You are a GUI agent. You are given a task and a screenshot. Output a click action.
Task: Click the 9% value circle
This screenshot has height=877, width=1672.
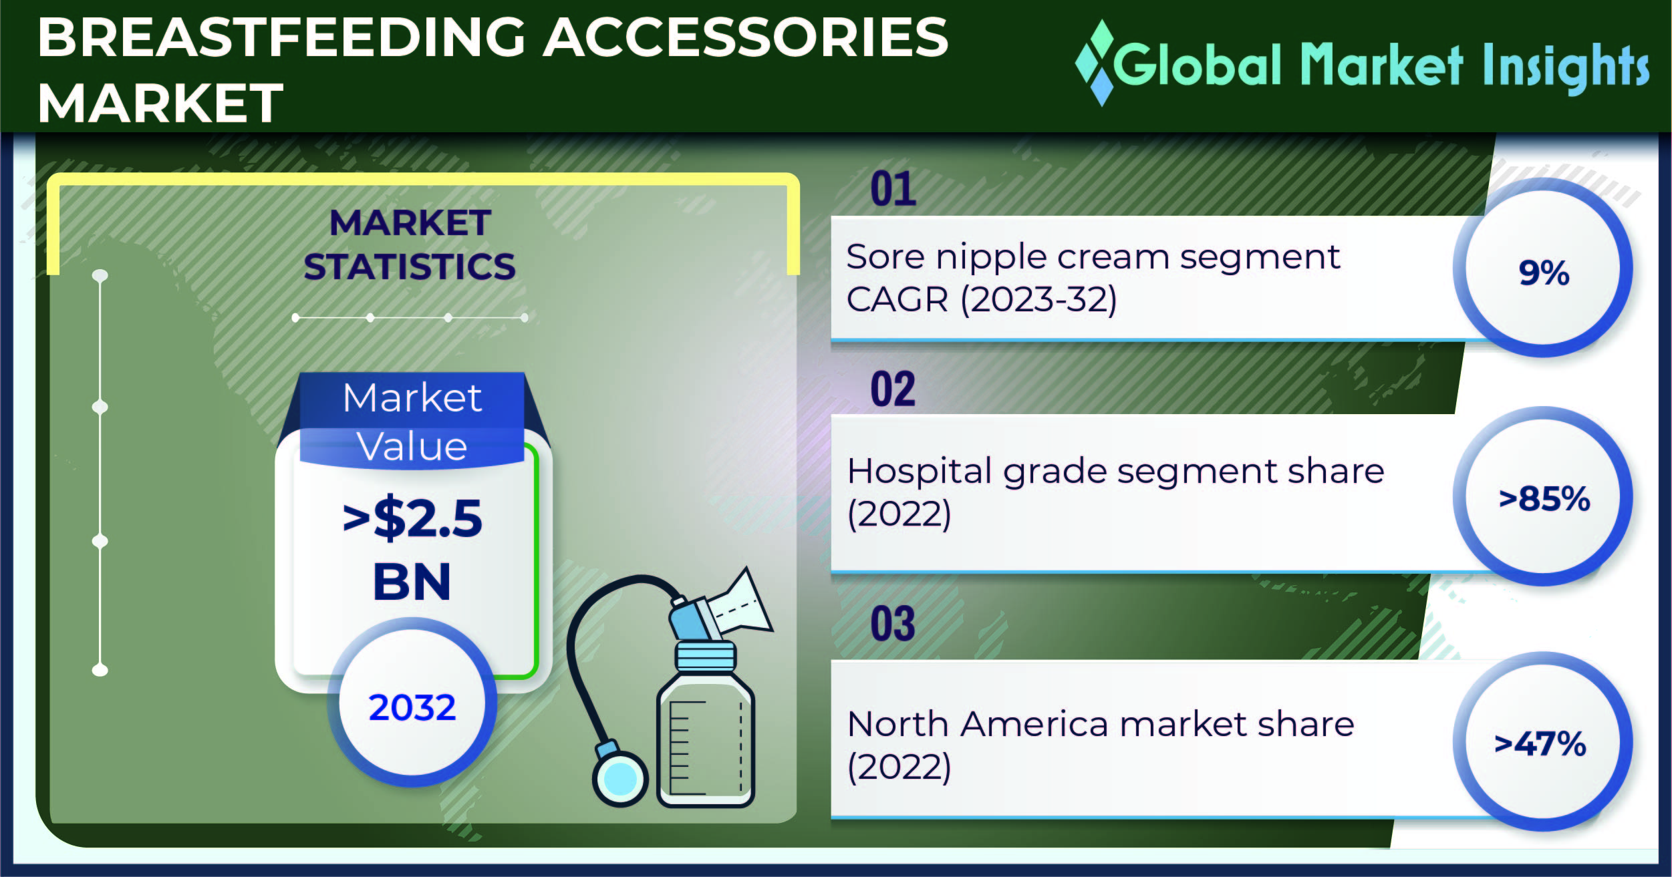(1543, 268)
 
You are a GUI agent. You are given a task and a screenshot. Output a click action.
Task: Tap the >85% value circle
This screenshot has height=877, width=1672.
(1543, 496)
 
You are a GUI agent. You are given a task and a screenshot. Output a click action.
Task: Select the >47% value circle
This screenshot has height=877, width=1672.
(1543, 741)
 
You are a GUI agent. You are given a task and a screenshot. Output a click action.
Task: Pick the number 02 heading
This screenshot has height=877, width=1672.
(893, 389)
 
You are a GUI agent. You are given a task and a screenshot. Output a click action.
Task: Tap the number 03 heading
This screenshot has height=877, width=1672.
(893, 624)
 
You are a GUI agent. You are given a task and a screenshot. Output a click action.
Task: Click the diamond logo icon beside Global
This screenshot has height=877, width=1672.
(1096, 63)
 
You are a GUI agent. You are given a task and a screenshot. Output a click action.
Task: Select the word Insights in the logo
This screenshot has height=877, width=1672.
(1566, 67)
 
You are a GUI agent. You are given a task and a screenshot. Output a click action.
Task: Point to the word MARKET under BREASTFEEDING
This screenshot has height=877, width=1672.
(160, 103)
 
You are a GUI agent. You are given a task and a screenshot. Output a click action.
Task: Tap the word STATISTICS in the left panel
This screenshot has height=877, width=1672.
(410, 267)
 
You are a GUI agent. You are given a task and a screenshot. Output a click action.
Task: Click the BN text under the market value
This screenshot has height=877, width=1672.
(412, 581)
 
